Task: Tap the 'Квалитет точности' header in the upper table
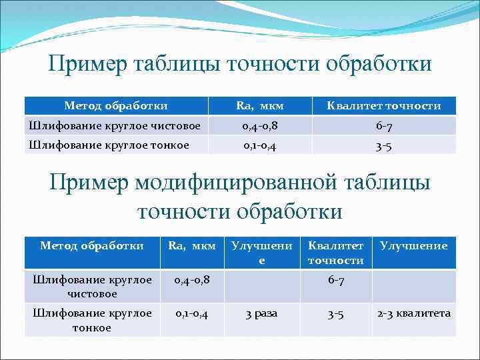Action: click(383, 106)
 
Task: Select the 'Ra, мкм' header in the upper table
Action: click(260, 106)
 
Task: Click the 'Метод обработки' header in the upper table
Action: click(116, 106)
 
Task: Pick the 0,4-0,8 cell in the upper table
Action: click(260, 125)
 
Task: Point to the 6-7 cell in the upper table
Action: click(383, 125)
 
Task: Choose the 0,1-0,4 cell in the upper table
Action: click(260, 145)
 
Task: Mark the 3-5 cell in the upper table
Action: click(383, 145)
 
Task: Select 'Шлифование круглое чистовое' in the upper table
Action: click(113, 125)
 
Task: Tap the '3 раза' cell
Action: click(261, 313)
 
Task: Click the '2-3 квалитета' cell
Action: click(414, 313)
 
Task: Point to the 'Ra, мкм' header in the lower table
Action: click(192, 246)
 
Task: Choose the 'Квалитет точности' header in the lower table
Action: click(335, 253)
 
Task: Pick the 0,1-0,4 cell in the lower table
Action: click(192, 313)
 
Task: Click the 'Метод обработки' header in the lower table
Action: click(92, 246)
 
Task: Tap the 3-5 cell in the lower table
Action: click(335, 313)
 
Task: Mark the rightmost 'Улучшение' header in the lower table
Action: click(413, 246)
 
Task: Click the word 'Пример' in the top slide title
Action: click(88, 64)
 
